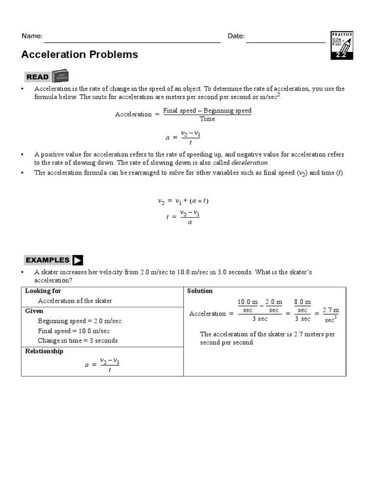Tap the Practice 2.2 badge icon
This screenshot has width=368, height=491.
(342, 46)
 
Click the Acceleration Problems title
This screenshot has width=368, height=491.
(80, 55)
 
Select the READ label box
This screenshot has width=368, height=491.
(37, 77)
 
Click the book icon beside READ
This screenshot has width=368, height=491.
(60, 76)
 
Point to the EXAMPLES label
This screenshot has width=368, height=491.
(47, 260)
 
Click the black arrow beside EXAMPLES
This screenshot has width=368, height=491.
(78, 260)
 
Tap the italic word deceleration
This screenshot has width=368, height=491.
(250, 163)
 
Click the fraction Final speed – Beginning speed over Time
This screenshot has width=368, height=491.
(207, 115)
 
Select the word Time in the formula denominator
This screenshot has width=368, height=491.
(207, 119)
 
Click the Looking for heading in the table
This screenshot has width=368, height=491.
(43, 291)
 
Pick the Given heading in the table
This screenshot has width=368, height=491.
(34, 311)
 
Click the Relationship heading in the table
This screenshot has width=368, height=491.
(44, 351)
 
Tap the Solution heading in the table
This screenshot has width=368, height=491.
(200, 291)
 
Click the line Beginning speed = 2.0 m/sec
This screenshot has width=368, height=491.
(80, 321)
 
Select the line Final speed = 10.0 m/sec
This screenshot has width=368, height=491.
(74, 331)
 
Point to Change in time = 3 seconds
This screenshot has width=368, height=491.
(78, 340)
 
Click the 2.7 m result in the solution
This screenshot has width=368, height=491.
(331, 310)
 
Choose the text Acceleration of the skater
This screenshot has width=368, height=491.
(75, 301)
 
